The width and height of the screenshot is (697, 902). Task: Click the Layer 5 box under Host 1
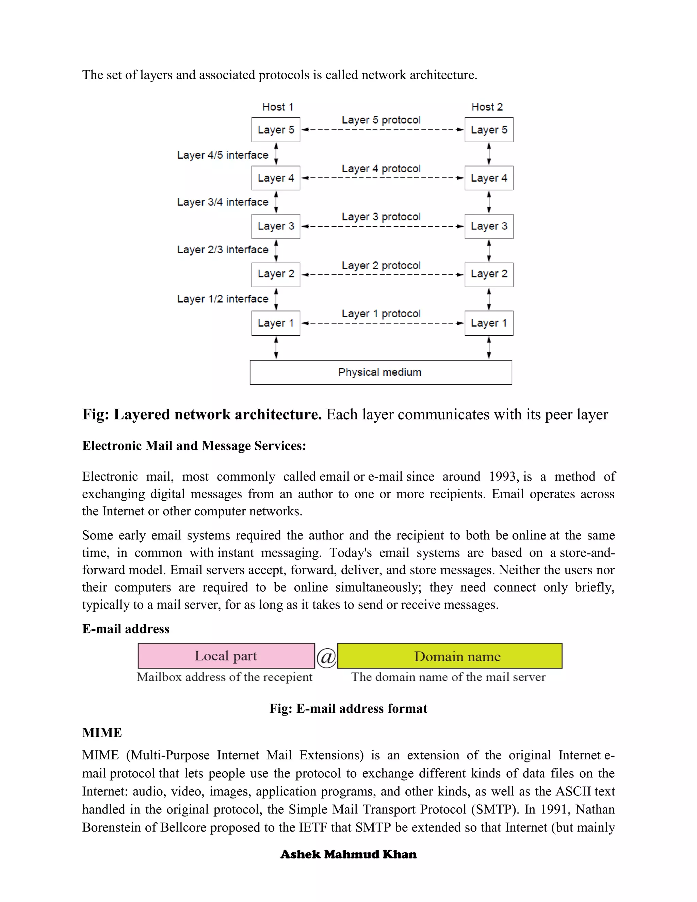[275, 130]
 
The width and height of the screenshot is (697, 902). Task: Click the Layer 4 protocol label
[381, 168]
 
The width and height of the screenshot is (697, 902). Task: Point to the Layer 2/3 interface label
[223, 249]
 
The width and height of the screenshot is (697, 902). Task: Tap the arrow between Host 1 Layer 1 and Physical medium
[276, 348]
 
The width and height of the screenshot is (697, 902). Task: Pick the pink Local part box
[226, 656]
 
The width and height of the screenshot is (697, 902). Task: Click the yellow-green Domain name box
[449, 656]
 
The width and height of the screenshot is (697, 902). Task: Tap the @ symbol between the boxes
[326, 657]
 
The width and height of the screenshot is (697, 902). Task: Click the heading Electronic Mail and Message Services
[194, 446]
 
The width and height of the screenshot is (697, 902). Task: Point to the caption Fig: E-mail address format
[348, 709]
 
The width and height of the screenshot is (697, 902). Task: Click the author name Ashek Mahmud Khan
[348, 854]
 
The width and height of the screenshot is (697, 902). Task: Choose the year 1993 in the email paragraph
[504, 477]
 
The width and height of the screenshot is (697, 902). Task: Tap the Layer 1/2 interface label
[223, 299]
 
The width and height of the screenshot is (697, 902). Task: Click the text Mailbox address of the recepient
[224, 677]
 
